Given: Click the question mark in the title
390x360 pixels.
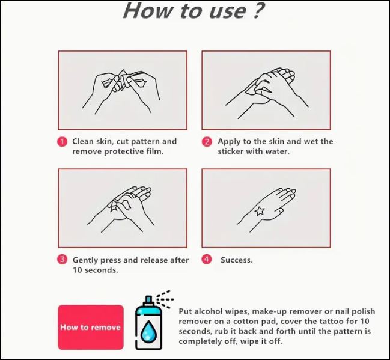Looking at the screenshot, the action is click(258, 10).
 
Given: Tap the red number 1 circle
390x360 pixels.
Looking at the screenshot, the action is click(62, 142).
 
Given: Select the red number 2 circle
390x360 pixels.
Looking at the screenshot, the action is click(207, 142).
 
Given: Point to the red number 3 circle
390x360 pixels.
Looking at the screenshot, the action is click(62, 260).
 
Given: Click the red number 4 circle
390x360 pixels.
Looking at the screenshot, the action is click(207, 260).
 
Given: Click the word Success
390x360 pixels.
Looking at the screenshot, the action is click(237, 260).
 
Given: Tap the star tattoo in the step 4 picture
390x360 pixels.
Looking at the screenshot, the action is click(260, 211).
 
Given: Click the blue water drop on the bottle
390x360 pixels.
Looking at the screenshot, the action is click(149, 331).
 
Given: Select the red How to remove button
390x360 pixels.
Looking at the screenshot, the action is click(91, 327).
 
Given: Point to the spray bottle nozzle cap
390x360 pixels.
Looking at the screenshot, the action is click(148, 301).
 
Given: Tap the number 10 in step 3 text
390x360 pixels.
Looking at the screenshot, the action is click(78, 270).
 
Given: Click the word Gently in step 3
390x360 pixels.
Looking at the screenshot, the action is click(85, 260).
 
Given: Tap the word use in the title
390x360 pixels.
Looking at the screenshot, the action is click(228, 11).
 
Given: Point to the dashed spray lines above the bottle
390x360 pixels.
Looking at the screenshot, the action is click(165, 299).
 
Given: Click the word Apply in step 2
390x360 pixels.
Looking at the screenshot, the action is click(230, 142).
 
